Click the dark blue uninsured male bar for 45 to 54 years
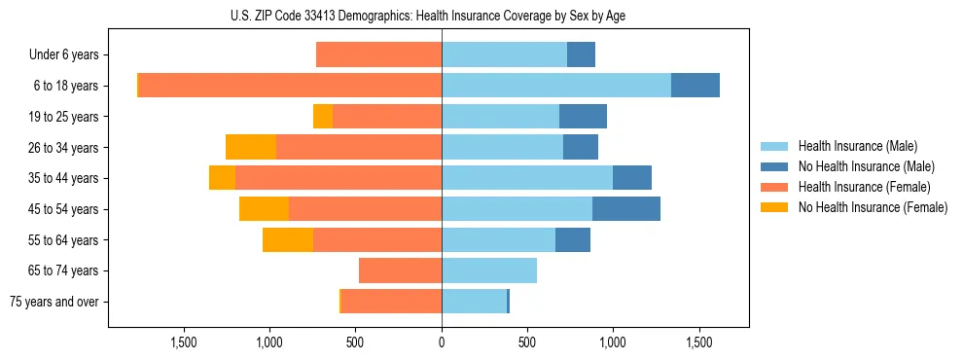point(625,209)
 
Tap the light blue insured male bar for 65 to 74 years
point(489,270)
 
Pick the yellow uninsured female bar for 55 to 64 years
point(288,240)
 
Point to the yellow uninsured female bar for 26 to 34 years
point(251,147)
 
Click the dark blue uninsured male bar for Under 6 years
point(581,54)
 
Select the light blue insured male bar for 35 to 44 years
point(527,178)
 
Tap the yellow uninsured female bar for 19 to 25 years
point(323,117)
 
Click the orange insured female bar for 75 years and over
point(391,302)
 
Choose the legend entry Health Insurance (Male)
point(857,146)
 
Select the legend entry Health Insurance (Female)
point(865,187)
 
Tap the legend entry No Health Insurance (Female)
point(873,207)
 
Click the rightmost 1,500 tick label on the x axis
point(699,342)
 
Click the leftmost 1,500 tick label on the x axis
point(184,342)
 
